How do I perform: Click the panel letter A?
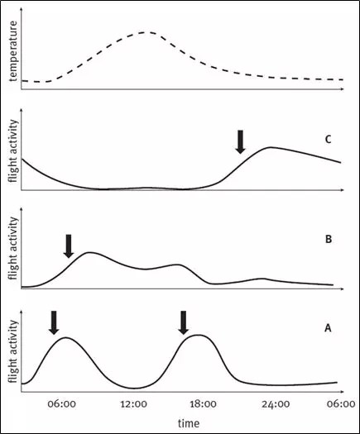coord(328,328)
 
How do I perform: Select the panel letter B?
coord(329,239)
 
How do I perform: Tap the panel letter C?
coord(328,139)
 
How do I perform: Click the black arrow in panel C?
coord(240,142)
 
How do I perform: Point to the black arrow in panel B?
coord(69,246)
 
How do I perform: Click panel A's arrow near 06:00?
coord(54,322)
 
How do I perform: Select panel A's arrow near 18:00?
coord(184,322)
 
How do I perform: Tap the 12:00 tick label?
coord(133,404)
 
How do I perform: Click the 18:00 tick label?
coord(203,404)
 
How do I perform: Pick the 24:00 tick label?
coord(276,404)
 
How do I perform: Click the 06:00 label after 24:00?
coord(341,404)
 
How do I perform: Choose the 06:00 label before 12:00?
coord(61,404)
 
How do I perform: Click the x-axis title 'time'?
coord(189,423)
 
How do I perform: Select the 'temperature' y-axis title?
coord(12,51)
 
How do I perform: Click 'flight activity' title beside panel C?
coord(12,150)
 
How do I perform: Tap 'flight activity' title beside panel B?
coord(12,248)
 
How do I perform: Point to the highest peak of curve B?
coord(89,252)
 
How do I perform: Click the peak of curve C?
coord(271,147)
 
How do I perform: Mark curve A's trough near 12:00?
coord(134,388)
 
